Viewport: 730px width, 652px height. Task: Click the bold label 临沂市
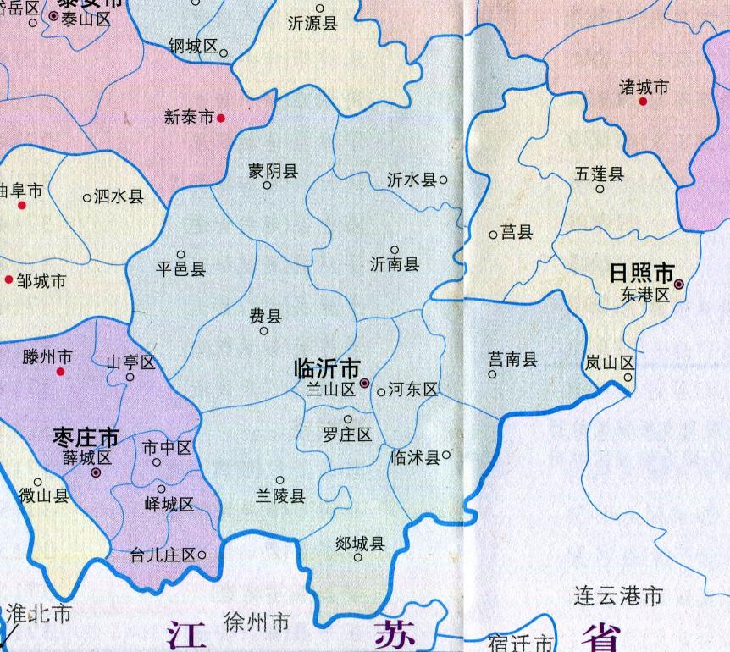[327, 368]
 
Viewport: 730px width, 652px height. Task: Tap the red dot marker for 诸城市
[643, 102]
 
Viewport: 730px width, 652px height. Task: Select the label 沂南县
[395, 265]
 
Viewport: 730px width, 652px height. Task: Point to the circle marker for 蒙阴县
[267, 185]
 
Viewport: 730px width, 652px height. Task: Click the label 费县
[264, 317]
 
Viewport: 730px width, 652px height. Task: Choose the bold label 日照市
[642, 274]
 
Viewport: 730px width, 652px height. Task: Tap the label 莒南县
[513, 360]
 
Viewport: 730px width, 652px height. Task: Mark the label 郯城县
[360, 543]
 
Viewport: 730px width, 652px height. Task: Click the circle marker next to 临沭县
[446, 454]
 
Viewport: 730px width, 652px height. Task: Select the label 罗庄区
[347, 434]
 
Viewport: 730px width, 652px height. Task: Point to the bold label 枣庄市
[86, 438]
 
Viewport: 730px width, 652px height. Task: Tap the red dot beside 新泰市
[221, 118]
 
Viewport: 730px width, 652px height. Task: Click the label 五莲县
[600, 174]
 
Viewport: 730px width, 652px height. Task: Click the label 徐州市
[257, 624]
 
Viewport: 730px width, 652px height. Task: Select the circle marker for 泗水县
[87, 198]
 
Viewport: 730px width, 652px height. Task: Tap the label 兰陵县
[280, 496]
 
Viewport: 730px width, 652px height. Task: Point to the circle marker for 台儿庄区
[202, 555]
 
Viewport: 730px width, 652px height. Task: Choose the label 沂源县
[312, 24]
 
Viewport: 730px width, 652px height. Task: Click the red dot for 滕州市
[60, 371]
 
